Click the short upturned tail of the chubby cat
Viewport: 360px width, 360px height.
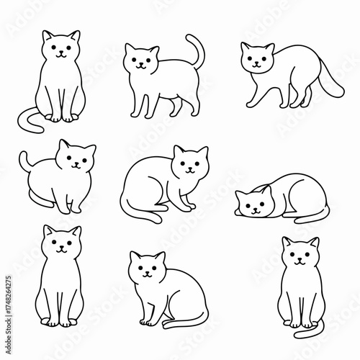coord(24,159)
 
